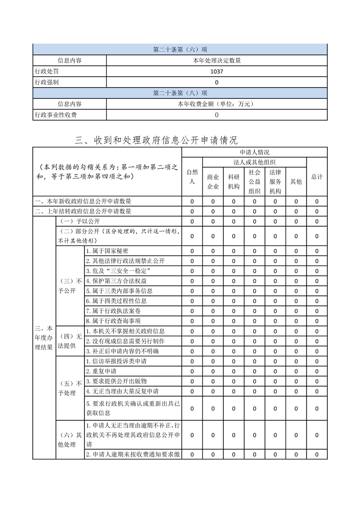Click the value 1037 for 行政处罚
pos(217,71)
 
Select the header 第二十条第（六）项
pos(180,49)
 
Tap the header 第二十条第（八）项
pos(180,93)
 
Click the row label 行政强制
pos(47,82)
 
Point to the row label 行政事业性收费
pos(56,115)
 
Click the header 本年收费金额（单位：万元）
pos(217,104)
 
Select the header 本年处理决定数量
pos(217,60)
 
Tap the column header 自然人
pos(192,176)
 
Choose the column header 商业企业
pos(213,181)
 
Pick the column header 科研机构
pos(234,181)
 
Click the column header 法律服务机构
pos(275,181)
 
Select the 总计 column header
pos(317,176)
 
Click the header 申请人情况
pos(255,152)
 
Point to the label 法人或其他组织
pos(255,162)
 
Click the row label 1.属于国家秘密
pos(107,251)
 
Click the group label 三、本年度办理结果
pos(44,337)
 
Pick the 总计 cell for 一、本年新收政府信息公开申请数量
pos(317,201)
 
